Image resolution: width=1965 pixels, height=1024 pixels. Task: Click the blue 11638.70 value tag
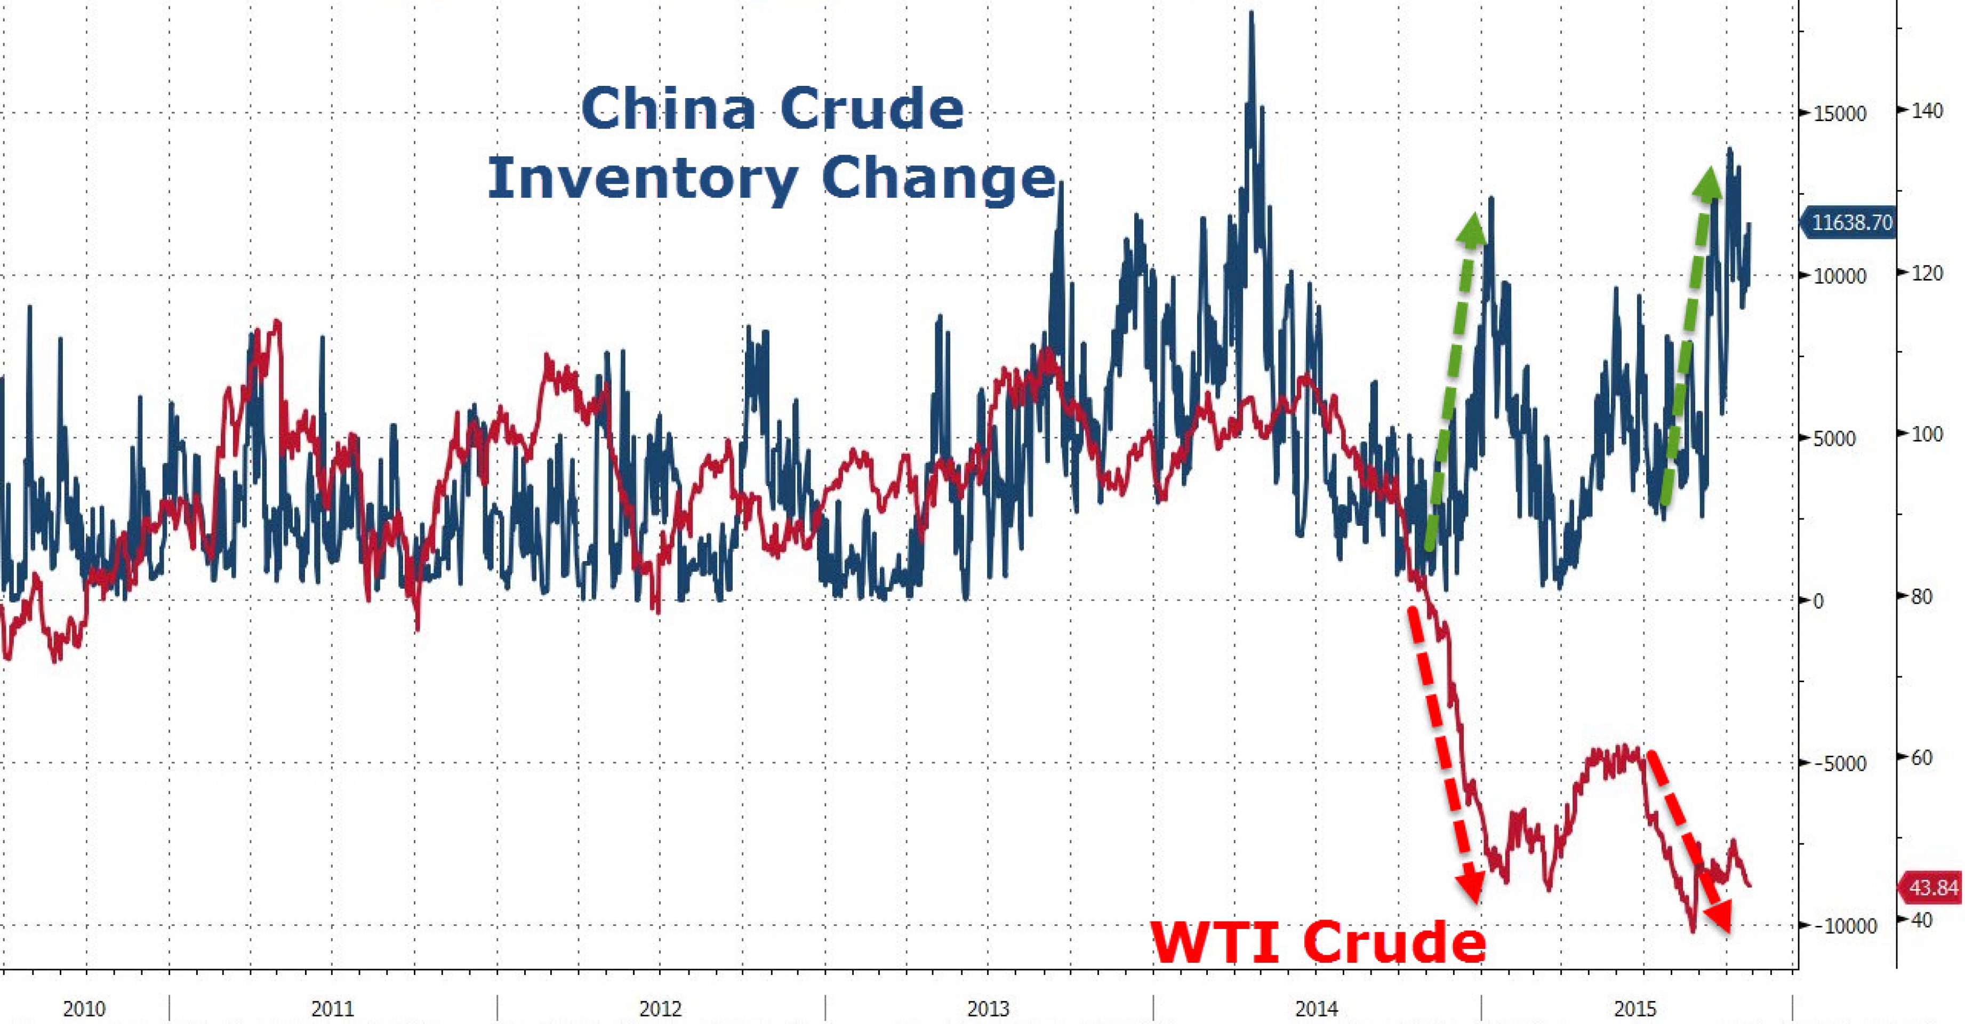[x=1850, y=223]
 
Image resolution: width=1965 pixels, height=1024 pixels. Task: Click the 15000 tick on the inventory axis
[x=1839, y=114]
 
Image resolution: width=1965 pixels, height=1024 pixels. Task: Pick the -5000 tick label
[x=1839, y=764]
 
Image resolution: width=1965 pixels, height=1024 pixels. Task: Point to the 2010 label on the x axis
[x=85, y=1009]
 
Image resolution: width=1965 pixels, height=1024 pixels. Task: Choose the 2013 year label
[x=988, y=1009]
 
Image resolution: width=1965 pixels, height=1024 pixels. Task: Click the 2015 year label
[x=1635, y=1009]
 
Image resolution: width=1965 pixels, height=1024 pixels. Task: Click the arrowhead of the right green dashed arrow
[x=1707, y=183]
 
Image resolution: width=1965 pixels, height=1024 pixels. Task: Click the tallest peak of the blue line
[x=1251, y=14]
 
